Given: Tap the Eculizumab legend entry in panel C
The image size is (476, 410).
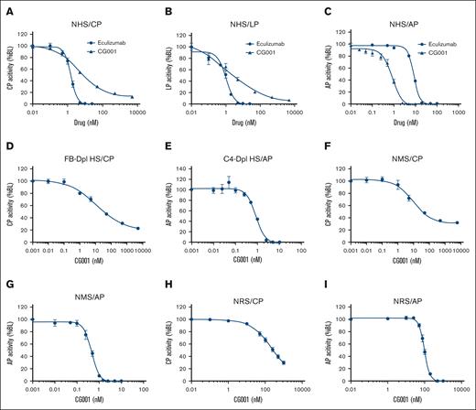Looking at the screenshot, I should (438, 42).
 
